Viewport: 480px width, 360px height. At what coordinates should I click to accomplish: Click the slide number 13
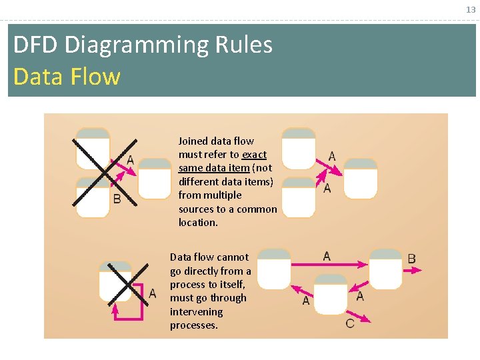471,10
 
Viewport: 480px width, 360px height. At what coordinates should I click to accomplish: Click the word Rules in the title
244,45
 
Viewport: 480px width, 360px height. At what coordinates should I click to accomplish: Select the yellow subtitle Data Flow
67,76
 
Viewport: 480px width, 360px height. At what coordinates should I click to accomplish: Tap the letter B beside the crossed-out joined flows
117,199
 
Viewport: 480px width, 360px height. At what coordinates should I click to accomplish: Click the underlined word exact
254,155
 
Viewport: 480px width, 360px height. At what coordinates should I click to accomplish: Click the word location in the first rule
198,223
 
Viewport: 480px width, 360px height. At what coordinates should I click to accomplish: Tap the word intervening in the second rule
196,311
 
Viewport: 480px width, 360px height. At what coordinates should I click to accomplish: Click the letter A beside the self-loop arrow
153,294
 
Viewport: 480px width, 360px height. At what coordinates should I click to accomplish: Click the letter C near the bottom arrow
350,323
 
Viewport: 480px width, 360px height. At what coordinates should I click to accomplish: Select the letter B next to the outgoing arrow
411,259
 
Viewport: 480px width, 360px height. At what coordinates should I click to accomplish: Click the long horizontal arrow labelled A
329,264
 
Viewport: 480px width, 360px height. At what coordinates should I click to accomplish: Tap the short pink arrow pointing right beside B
413,270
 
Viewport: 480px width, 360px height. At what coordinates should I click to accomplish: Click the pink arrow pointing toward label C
358,316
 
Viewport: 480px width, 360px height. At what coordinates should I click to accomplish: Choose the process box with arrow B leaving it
385,269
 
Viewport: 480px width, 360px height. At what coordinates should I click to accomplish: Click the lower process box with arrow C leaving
331,294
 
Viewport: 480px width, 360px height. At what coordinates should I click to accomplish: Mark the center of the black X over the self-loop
128,285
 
